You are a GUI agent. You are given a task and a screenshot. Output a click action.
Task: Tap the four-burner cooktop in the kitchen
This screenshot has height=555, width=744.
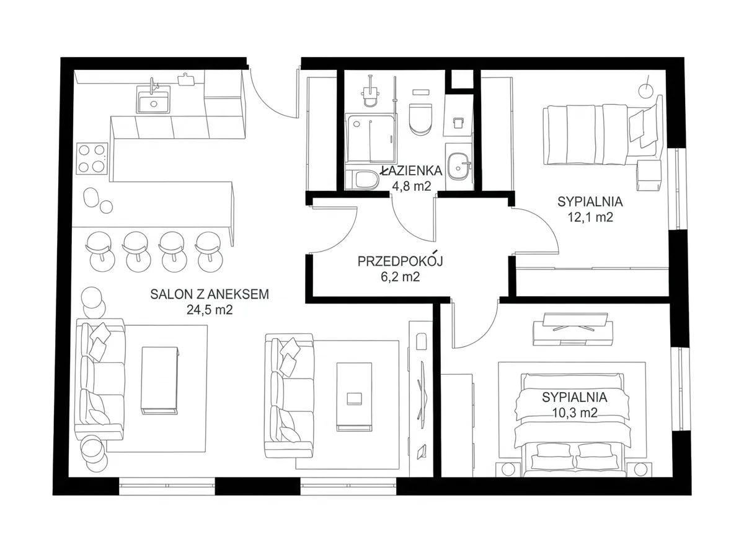coord(92,159)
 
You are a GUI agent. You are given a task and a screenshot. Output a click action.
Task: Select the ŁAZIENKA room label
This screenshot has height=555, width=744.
coord(411,171)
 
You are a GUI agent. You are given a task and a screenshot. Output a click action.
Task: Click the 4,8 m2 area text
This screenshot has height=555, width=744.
coord(411,186)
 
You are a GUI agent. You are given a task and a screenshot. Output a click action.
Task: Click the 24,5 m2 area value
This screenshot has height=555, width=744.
coord(210,310)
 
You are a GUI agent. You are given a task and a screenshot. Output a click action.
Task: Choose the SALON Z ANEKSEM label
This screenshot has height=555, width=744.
coord(210,294)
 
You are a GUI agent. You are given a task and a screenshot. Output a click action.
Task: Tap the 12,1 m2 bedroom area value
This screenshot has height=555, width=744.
coord(590,217)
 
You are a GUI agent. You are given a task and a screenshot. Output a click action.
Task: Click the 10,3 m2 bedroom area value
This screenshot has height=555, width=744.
coord(575,413)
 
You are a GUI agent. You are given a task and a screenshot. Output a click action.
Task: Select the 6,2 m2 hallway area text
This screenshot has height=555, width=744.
coord(401,277)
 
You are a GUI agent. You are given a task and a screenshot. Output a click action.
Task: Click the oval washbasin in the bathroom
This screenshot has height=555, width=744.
coord(459,167)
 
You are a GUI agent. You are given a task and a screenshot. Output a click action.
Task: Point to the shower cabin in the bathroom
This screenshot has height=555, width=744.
coord(371,138)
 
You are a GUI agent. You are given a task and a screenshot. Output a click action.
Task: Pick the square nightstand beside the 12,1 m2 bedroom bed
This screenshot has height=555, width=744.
coord(649,175)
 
